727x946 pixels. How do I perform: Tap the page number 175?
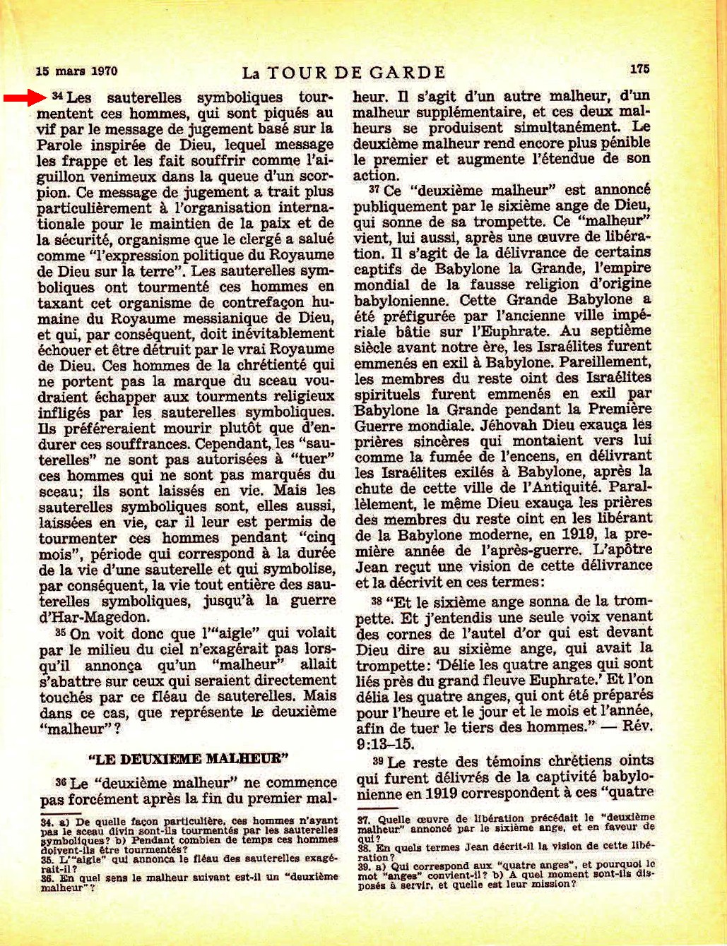(x=639, y=68)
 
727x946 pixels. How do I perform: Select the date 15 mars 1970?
(x=76, y=71)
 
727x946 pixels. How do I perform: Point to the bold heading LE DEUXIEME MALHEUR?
(x=189, y=759)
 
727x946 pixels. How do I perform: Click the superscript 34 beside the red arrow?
(x=58, y=95)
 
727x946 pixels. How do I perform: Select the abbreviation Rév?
(x=639, y=727)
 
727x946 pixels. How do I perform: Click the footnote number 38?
(x=364, y=846)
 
